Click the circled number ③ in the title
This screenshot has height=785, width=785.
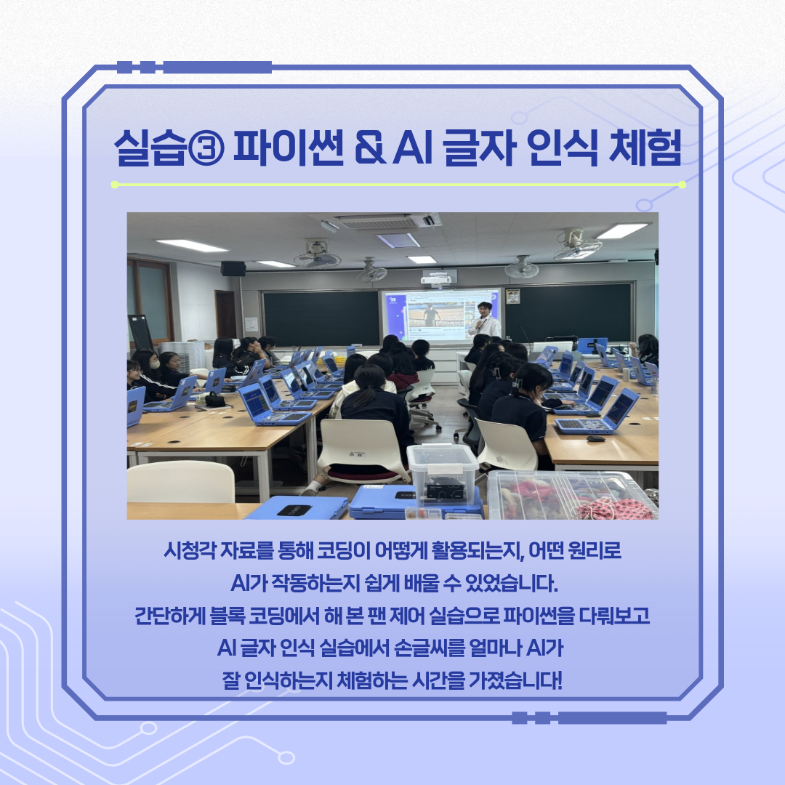pyautogui.click(x=206, y=148)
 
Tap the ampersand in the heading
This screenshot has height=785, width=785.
pyautogui.click(x=371, y=148)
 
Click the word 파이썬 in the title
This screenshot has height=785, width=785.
pyautogui.click(x=289, y=148)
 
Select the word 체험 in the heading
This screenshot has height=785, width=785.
pyautogui.click(x=645, y=148)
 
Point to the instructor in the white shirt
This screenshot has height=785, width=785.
pyautogui.click(x=483, y=321)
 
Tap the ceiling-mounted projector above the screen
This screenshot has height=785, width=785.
pyautogui.click(x=438, y=277)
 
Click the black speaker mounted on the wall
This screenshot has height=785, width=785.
pyautogui.click(x=233, y=269)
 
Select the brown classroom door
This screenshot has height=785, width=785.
pyautogui.click(x=225, y=315)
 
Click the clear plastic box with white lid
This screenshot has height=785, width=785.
pyautogui.click(x=442, y=474)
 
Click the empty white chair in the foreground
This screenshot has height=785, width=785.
pyautogui.click(x=180, y=482)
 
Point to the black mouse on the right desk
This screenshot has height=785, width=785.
pyautogui.click(x=595, y=439)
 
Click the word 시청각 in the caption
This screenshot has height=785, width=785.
pyautogui.click(x=190, y=551)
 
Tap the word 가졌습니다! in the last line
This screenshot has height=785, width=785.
pyautogui.click(x=515, y=680)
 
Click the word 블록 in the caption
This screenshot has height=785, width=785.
pyautogui.click(x=227, y=616)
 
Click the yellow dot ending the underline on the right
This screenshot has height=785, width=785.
pyautogui.click(x=682, y=185)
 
